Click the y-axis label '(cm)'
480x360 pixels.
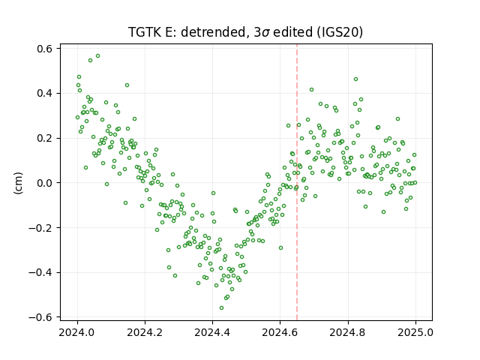[18, 183]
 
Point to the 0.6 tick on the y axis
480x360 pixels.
[45, 49]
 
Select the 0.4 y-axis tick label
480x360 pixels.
[45, 93]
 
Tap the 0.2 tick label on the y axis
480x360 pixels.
[45, 138]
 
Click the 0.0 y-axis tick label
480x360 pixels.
[45, 183]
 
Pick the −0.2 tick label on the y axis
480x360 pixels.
[41, 228]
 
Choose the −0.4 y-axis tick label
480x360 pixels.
[41, 272]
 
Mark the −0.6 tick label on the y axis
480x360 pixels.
[41, 317]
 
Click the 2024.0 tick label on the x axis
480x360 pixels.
[77, 332]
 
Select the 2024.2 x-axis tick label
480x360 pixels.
[145, 332]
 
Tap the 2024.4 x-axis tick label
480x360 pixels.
[212, 332]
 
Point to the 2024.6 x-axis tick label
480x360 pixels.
[280, 332]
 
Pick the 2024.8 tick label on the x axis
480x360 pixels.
[348, 332]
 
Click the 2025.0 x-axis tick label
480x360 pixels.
[415, 332]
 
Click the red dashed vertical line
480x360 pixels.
[297, 182]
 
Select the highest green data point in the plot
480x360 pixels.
[98, 56]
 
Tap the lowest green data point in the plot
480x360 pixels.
[222, 308]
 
